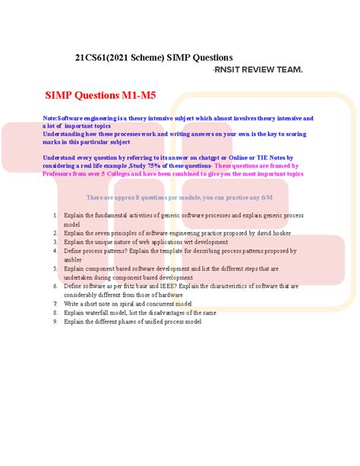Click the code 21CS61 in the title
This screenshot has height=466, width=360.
(x=93, y=58)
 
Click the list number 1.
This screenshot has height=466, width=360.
(x=55, y=216)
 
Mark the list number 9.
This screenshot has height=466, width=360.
(x=55, y=322)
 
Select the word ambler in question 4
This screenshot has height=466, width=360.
(x=73, y=259)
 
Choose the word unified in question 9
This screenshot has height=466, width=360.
(x=150, y=322)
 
